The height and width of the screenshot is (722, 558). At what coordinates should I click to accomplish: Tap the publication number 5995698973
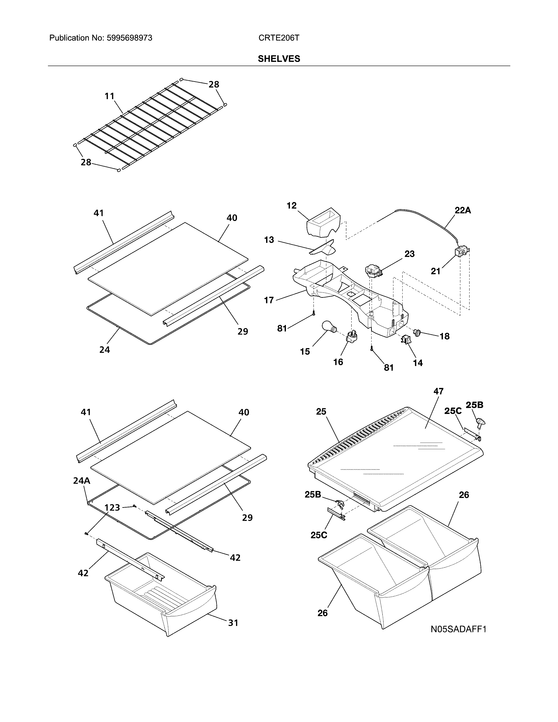(129, 38)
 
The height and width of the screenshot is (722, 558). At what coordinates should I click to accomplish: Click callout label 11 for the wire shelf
(109, 96)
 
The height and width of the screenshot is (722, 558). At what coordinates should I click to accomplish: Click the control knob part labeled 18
(418, 332)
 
